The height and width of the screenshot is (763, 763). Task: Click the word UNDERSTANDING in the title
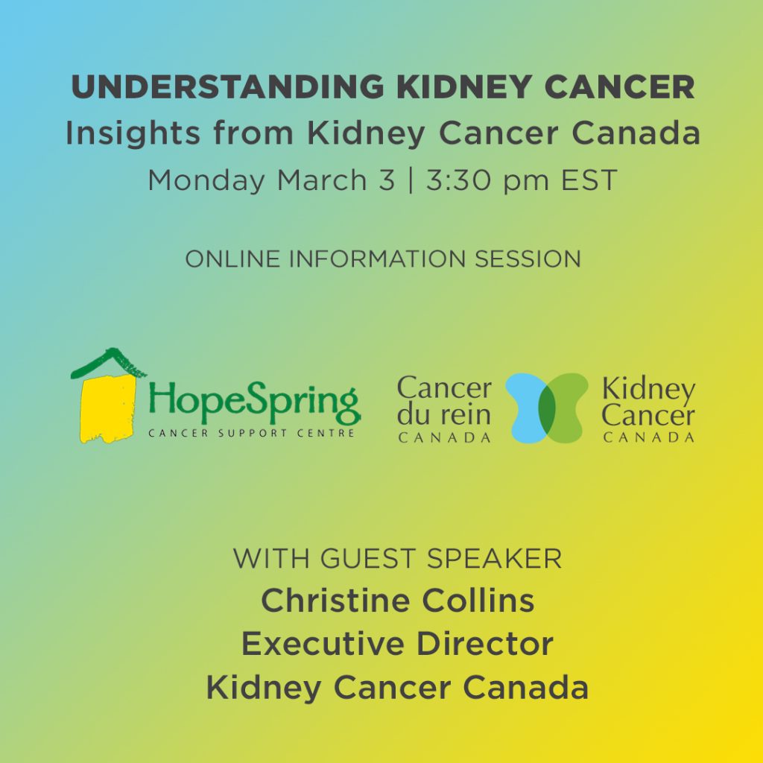click(228, 87)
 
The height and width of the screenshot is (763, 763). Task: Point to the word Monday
click(206, 180)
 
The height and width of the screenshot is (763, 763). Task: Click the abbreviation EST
click(589, 180)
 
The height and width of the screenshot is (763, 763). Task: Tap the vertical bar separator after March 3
click(411, 180)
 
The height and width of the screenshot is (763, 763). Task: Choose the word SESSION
click(528, 259)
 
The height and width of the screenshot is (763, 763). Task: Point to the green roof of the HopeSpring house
click(108, 363)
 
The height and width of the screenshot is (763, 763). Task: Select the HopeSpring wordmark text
click(255, 403)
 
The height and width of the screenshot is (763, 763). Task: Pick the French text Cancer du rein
click(444, 402)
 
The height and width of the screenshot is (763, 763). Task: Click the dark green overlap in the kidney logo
click(547, 408)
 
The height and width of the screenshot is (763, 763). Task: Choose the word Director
click(484, 643)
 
